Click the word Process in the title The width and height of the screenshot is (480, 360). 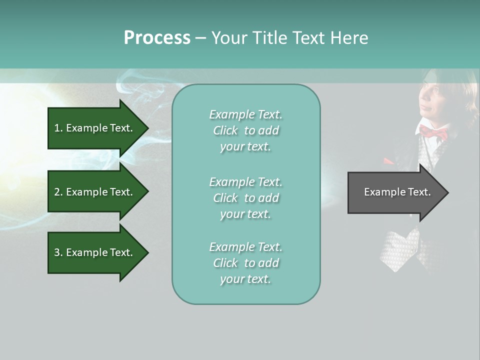(x=157, y=38)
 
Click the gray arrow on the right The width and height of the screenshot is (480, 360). (x=395, y=192)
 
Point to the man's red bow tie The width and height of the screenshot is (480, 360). (x=433, y=133)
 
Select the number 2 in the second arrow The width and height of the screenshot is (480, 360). (x=57, y=192)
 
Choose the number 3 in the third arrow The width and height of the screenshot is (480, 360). (x=57, y=252)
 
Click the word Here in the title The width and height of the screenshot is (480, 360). (x=349, y=38)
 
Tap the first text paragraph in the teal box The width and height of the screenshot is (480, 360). (x=245, y=130)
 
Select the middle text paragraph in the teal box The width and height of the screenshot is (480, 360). (x=245, y=198)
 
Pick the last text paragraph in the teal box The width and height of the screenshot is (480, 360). (x=245, y=263)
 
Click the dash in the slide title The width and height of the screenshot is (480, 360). (x=200, y=38)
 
